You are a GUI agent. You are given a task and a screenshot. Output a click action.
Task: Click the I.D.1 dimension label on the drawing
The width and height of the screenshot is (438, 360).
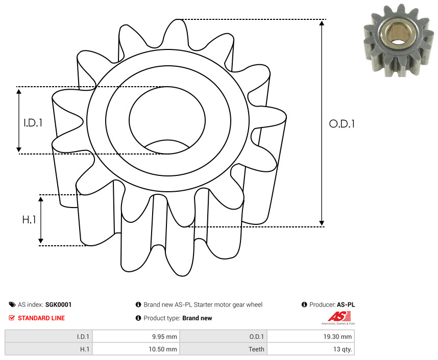click(32, 123)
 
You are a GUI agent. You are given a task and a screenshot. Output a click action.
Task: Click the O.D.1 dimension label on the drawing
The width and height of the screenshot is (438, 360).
click(342, 123)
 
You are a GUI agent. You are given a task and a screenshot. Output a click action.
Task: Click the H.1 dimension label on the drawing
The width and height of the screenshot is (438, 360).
click(29, 220)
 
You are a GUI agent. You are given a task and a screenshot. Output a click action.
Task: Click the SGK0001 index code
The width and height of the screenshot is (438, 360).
click(58, 304)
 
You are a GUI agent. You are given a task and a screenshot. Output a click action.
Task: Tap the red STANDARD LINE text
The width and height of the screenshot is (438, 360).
click(41, 318)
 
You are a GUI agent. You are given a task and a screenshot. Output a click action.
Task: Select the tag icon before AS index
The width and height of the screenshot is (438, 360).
click(12, 304)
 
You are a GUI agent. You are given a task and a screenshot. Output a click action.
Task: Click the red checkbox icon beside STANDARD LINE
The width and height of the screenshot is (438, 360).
click(12, 318)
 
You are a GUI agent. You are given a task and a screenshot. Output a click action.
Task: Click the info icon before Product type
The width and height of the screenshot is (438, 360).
click(138, 318)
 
